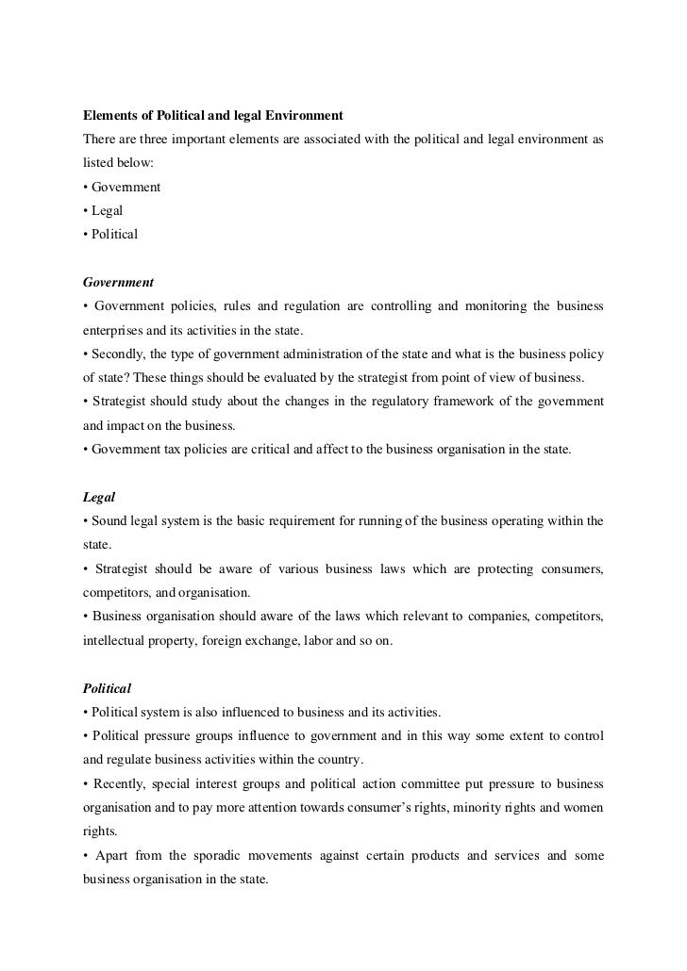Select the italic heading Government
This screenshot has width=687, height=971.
point(118,282)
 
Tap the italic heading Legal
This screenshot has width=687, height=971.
point(99,497)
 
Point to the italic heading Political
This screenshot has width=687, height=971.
point(107,687)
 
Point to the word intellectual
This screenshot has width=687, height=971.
point(113,640)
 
